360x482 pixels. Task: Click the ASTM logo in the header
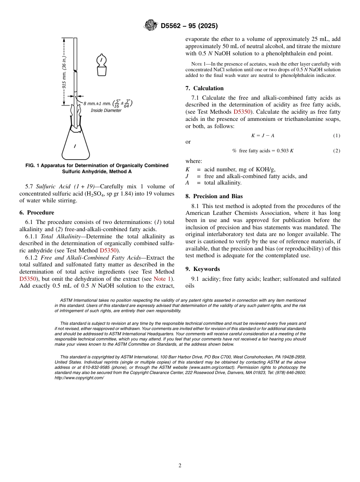pyautogui.click(x=151, y=26)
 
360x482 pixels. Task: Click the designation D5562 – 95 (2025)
pyautogui.click(x=189, y=26)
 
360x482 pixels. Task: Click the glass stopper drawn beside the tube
pyautogui.click(x=101, y=65)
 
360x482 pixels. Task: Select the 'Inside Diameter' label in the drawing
pyautogui.click(x=106, y=111)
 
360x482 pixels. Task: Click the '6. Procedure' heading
pyautogui.click(x=37, y=213)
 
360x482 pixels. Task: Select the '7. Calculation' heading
pyautogui.click(x=205, y=88)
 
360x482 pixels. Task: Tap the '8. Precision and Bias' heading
pyautogui.click(x=214, y=196)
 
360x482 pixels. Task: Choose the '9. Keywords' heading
pyautogui.click(x=203, y=269)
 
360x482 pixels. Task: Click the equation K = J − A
pyautogui.click(x=263, y=136)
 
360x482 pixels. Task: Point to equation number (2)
pyautogui.click(x=337, y=151)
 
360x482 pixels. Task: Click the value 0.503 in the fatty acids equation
pyautogui.click(x=282, y=151)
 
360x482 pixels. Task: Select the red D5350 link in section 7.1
pyautogui.click(x=241, y=112)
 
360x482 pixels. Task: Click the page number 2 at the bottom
pyautogui.click(x=180, y=466)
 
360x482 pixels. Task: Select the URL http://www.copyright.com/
pyautogui.click(x=79, y=378)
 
